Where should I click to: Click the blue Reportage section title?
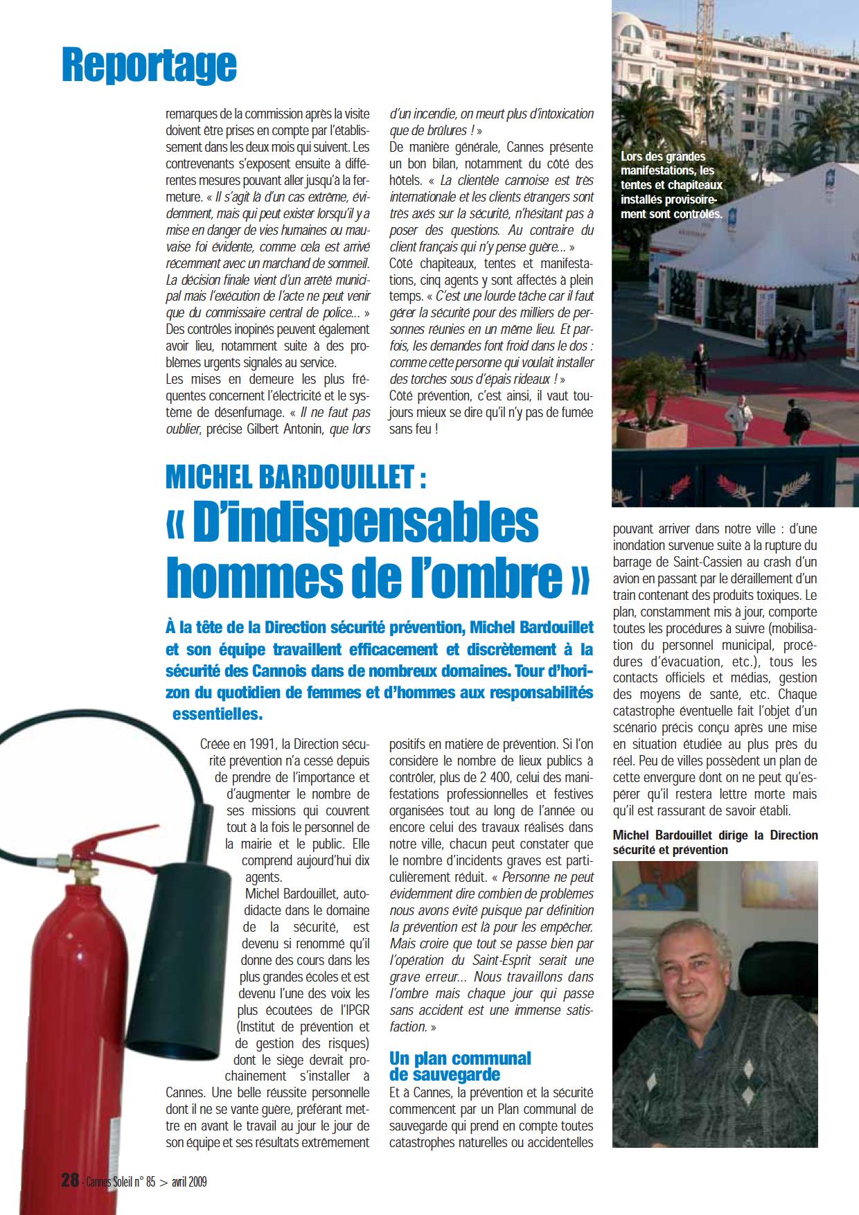pos(149,65)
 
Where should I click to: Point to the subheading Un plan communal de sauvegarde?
pos(460,1066)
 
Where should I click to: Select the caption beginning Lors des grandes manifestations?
pos(671,186)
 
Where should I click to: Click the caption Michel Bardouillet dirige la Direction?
pos(715,842)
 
